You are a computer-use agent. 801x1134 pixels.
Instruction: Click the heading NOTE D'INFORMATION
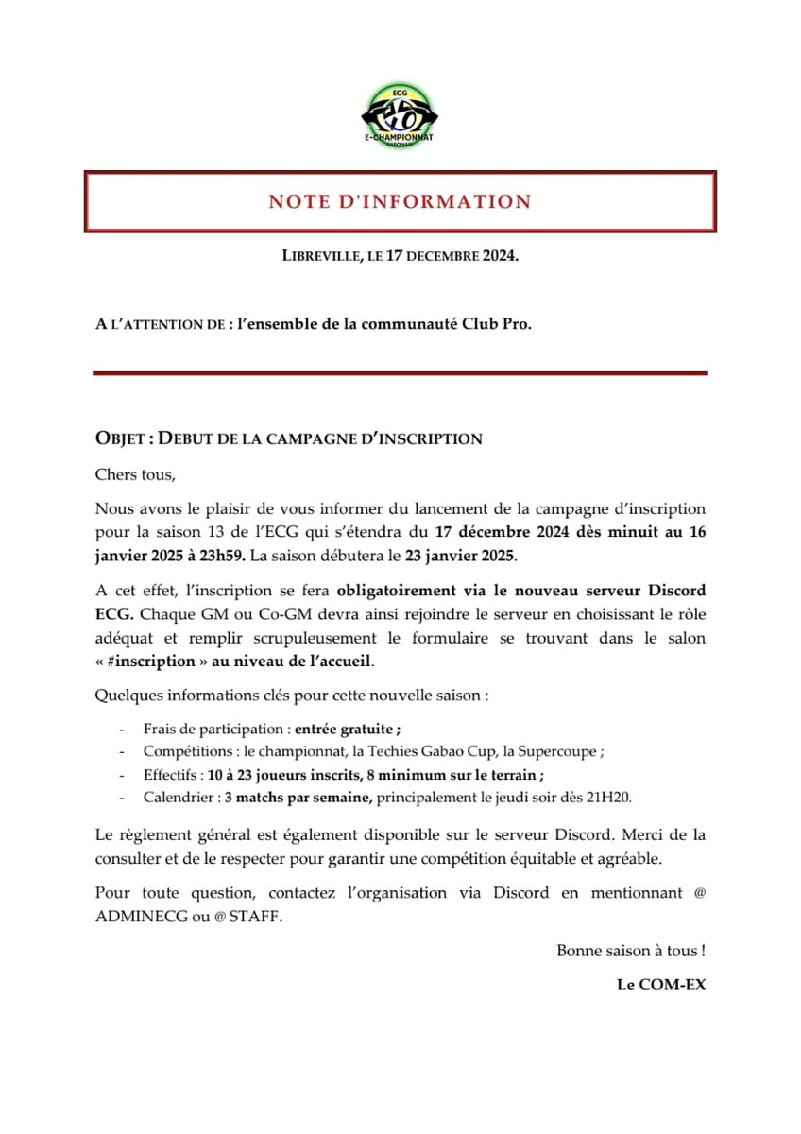400,201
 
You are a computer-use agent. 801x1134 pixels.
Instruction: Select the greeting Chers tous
135,473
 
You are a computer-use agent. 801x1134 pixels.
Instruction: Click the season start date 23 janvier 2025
462,552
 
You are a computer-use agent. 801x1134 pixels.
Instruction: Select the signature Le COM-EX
660,985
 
